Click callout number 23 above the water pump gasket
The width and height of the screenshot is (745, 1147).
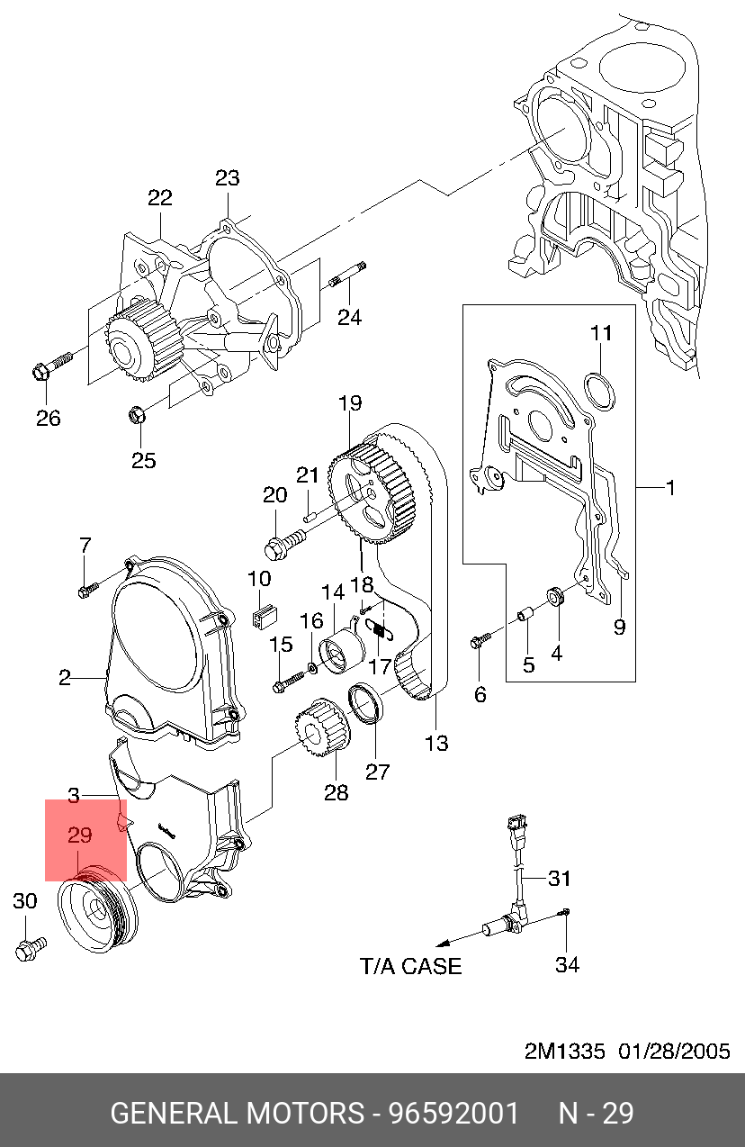(227, 177)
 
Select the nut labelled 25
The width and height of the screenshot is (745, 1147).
(136, 414)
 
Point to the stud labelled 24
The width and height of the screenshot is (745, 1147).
(347, 275)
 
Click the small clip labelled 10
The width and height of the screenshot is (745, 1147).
(265, 616)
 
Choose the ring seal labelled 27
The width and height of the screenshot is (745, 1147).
(365, 703)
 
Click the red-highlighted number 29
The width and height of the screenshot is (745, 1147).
(80, 835)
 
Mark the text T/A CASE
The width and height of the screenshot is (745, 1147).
(411, 966)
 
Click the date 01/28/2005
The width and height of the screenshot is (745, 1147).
(674, 1051)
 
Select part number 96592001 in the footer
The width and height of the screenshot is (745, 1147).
(453, 1114)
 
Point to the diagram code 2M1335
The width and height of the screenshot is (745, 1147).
(565, 1051)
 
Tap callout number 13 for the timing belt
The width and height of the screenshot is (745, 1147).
(436, 743)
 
